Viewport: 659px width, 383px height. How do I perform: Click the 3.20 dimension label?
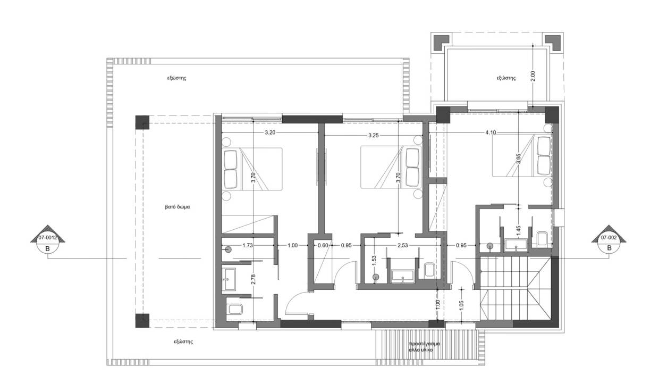(x=270, y=132)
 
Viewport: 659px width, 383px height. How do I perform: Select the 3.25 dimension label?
(x=373, y=136)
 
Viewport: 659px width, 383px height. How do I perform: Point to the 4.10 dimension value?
(x=491, y=132)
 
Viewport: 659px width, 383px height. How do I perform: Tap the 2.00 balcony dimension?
(x=533, y=76)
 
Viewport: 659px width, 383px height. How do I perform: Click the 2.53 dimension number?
(x=402, y=245)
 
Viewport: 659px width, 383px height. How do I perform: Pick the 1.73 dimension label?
(x=248, y=245)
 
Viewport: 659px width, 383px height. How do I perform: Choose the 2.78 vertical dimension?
(x=254, y=279)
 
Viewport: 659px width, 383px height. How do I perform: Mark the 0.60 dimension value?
(x=323, y=245)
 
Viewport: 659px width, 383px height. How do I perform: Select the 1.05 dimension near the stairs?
(x=461, y=305)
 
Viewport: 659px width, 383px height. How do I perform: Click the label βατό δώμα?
(x=178, y=207)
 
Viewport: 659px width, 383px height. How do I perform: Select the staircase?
(x=516, y=288)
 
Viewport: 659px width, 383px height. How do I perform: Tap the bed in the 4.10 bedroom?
(x=522, y=156)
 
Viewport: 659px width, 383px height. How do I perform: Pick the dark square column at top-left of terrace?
(x=142, y=122)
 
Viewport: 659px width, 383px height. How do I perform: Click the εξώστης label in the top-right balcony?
(x=506, y=78)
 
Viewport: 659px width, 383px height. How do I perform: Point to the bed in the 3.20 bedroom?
(x=252, y=169)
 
